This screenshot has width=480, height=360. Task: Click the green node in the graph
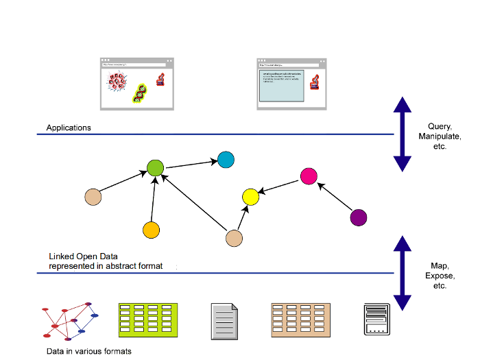pyautogui.click(x=156, y=167)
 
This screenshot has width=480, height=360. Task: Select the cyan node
pyautogui.click(x=226, y=160)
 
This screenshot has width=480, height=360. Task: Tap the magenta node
pyautogui.click(x=309, y=176)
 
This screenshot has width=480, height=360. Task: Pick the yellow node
pyautogui.click(x=250, y=197)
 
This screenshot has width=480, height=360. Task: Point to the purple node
pyautogui.click(x=358, y=218)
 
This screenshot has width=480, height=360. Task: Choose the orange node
pyautogui.click(x=151, y=230)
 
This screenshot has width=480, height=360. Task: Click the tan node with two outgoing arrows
pyautogui.click(x=235, y=238)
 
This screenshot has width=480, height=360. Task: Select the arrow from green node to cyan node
pyautogui.click(x=190, y=164)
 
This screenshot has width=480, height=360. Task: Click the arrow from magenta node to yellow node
pyautogui.click(x=280, y=187)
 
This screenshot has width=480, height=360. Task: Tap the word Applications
pyautogui.click(x=69, y=128)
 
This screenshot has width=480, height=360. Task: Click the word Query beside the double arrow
pyautogui.click(x=437, y=126)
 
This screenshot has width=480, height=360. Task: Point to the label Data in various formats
pyautogui.click(x=88, y=351)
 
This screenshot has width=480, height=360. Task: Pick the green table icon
pyautogui.click(x=148, y=320)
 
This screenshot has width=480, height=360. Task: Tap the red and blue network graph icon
pyautogui.click(x=71, y=320)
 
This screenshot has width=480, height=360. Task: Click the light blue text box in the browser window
pyautogui.click(x=280, y=86)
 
